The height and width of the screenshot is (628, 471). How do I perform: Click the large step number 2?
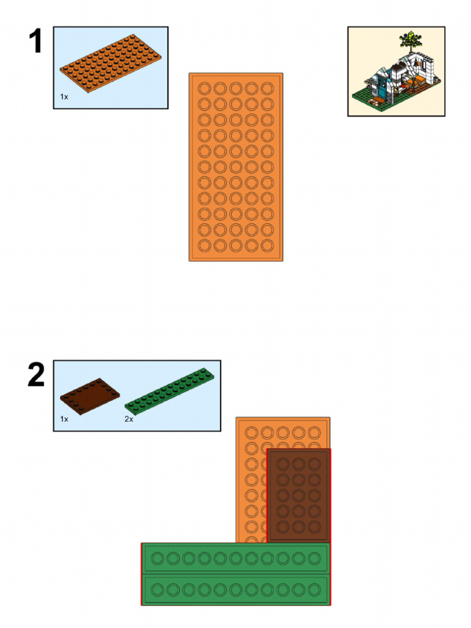36,375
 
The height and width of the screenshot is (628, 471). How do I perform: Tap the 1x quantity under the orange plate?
64,97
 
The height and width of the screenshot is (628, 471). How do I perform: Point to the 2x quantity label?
129,419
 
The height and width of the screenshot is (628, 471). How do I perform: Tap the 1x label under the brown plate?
64,419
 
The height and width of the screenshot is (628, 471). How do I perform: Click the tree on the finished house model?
409,42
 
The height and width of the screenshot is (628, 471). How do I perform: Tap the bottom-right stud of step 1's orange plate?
267,245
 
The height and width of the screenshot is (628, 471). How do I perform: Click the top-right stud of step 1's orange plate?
267,88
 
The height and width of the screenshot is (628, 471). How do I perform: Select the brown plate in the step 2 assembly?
299,495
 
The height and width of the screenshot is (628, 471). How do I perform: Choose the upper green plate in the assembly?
236,558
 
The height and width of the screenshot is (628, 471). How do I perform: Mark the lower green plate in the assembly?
236,590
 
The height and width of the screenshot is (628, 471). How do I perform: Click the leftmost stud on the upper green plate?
157,558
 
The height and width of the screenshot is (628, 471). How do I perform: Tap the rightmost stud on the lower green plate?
315,590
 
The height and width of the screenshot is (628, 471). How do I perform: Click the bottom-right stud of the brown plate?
315,526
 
